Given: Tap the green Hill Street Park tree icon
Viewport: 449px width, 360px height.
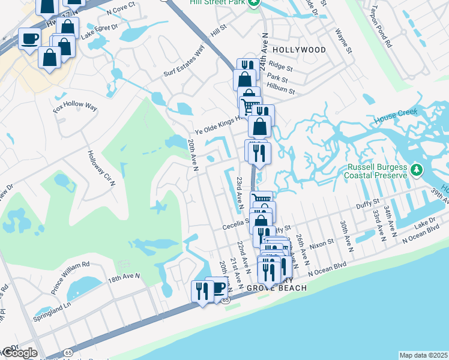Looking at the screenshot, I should point(255,3).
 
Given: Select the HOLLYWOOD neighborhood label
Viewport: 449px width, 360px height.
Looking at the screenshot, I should point(299,50).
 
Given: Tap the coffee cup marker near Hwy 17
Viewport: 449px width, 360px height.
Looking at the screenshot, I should point(29,39).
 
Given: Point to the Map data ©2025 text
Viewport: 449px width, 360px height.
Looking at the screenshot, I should point(423,355).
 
